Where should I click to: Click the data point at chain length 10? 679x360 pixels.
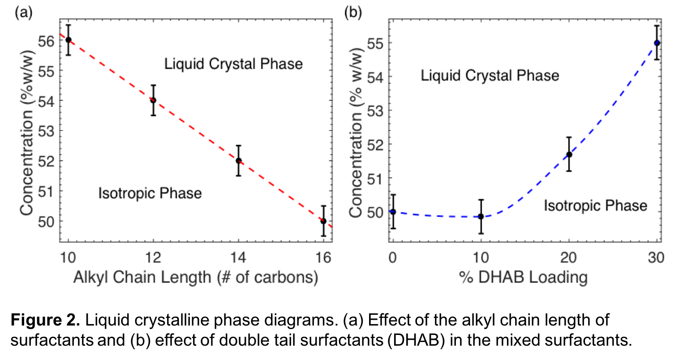[69, 40]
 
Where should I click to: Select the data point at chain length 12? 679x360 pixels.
[153, 100]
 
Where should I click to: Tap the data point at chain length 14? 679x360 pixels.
[238, 161]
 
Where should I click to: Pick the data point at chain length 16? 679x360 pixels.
[323, 221]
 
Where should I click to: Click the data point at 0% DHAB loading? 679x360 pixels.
[393, 212]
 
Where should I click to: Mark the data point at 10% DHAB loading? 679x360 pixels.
[481, 216]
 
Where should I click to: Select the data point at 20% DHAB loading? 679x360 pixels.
[569, 154]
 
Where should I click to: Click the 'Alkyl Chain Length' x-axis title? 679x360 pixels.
[196, 278]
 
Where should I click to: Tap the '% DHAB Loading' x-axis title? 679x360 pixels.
[523, 278]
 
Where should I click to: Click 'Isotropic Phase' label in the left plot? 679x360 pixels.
[150, 193]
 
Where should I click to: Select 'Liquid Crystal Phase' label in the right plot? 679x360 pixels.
[490, 76]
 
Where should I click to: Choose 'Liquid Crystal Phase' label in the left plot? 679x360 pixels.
[233, 64]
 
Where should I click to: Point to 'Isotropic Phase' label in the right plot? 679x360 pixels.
[595, 206]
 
